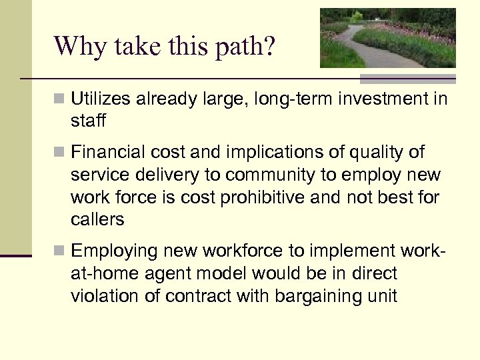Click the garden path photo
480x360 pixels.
click(387, 38)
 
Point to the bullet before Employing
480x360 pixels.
click(60, 251)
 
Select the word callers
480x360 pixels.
click(97, 219)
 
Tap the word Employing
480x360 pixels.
click(111, 251)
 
